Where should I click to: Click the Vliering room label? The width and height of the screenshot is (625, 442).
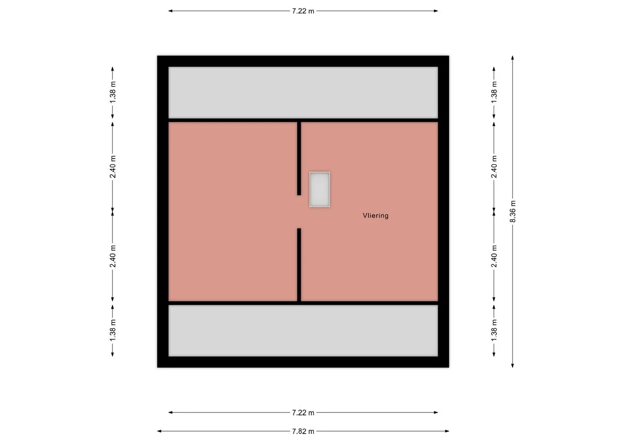point(375,216)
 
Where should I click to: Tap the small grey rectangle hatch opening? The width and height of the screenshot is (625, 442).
point(319,189)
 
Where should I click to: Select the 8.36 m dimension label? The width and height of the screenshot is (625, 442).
point(513,211)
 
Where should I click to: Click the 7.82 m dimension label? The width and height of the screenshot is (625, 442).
point(303,432)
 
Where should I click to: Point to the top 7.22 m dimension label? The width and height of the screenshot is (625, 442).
point(303,11)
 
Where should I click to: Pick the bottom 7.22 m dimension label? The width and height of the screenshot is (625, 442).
point(303,413)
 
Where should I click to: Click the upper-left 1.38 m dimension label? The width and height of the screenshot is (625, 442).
point(112,92)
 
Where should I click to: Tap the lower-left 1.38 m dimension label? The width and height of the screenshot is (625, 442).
point(112,330)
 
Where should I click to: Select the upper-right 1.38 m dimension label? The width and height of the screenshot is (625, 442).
point(494,92)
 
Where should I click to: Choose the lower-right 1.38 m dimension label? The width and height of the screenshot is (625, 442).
point(494,330)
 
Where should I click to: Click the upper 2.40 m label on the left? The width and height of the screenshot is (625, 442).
point(112,167)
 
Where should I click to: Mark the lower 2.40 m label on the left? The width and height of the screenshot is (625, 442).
point(112,257)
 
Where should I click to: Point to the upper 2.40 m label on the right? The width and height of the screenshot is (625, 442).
point(494,167)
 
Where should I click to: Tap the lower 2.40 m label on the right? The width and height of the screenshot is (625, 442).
point(494,257)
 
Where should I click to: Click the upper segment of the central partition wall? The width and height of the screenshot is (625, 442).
point(299,158)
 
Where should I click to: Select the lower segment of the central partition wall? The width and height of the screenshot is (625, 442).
point(299,265)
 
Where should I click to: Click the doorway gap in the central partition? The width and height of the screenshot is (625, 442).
point(299,212)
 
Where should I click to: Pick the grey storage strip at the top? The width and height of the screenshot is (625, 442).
point(303,92)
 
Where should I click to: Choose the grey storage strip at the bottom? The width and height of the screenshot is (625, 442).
point(303,331)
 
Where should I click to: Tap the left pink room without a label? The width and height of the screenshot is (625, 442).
point(233,211)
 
